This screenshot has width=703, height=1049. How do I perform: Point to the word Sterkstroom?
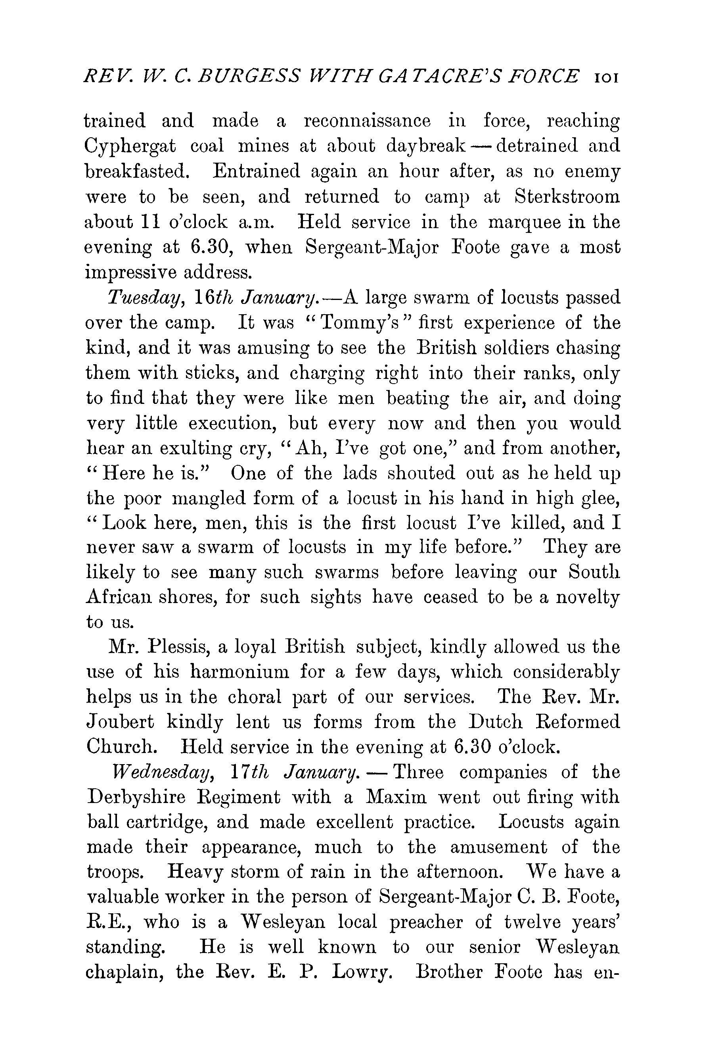(567, 197)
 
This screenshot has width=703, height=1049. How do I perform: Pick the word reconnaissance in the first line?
(367, 121)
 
